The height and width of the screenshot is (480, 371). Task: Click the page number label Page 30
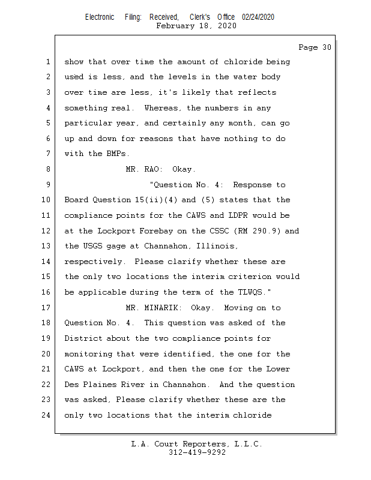315,47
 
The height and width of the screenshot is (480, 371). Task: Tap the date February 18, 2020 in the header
196,26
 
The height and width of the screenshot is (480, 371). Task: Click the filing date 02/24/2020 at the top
258,17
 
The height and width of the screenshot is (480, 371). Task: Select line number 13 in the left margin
47,246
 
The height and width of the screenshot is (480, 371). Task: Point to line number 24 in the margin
47,415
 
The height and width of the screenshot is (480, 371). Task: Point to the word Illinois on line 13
219,246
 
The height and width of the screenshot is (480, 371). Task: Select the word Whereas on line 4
163,108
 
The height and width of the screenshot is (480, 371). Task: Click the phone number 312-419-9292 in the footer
196,452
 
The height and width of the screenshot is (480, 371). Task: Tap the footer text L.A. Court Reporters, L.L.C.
196,444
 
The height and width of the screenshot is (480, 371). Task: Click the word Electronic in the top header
100,17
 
